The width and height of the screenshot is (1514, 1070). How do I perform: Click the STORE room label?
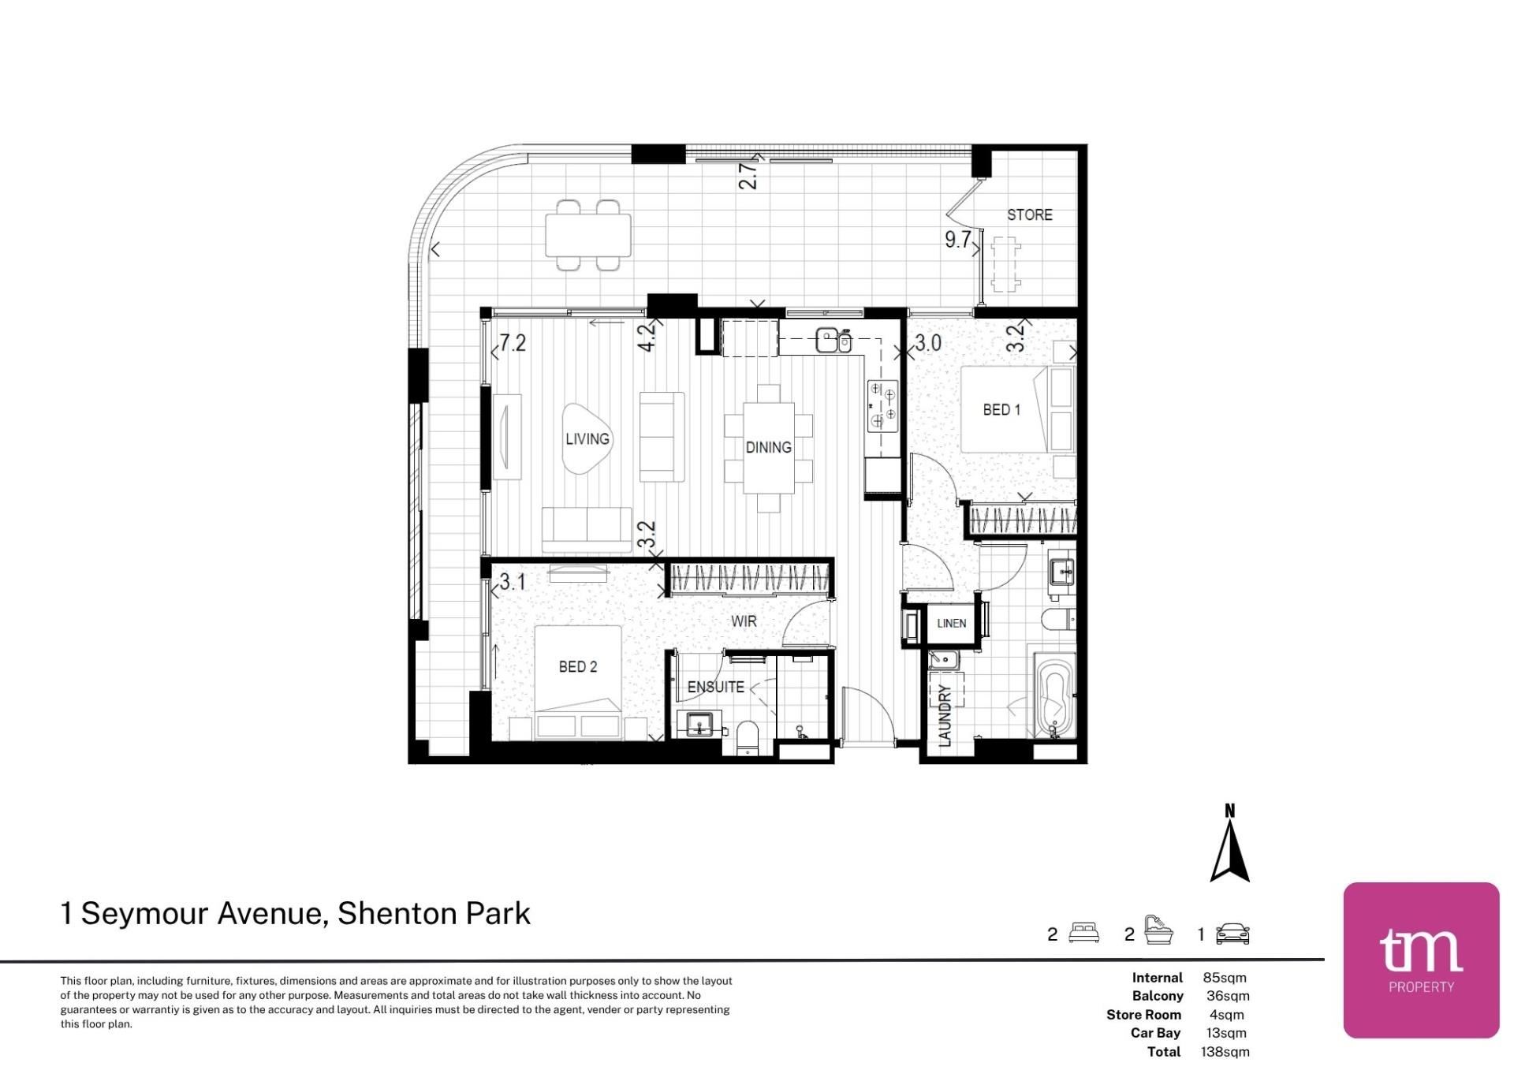1029,214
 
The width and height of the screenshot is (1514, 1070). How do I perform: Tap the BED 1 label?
1001,410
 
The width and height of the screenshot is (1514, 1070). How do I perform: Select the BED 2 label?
578,667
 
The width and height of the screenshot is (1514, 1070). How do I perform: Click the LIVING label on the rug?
587,439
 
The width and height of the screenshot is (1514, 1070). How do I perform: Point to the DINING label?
769,448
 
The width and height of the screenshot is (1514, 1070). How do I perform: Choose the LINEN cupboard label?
952,624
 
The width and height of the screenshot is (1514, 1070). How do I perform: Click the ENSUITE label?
716,688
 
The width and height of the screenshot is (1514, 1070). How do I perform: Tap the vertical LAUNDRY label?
945,715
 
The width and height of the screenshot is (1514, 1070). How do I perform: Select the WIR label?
744,621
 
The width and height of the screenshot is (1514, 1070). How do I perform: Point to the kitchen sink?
833,341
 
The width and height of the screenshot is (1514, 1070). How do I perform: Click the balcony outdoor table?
588,235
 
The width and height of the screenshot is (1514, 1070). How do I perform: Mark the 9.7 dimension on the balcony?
958,240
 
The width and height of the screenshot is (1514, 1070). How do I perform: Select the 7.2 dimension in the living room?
513,343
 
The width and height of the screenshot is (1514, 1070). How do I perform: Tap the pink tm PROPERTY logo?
1421,960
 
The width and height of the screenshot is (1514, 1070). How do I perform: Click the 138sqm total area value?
1225,1052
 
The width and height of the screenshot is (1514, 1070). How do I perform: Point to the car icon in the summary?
1232,934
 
